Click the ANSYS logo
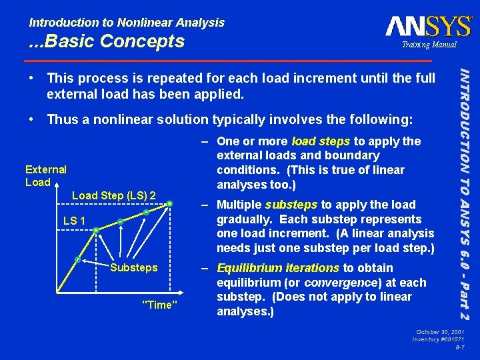pos(428,27)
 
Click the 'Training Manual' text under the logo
pos(429,45)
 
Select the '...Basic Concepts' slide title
pos(107,41)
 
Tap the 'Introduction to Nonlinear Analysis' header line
pos(127,23)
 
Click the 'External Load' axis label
pos(45,176)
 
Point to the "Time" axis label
pos(160,305)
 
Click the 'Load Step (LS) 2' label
pos(113,195)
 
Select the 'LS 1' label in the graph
pos(73,221)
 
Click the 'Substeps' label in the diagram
pos(133,267)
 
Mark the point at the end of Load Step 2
pos(171,203)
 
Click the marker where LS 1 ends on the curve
pos(96,231)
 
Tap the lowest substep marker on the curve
pos(78,259)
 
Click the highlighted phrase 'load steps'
pos(321,141)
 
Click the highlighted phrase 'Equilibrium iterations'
pos(278,268)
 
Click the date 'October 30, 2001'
pos(439,332)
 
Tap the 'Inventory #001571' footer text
pos(438,340)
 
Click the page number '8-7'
pos(459,348)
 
